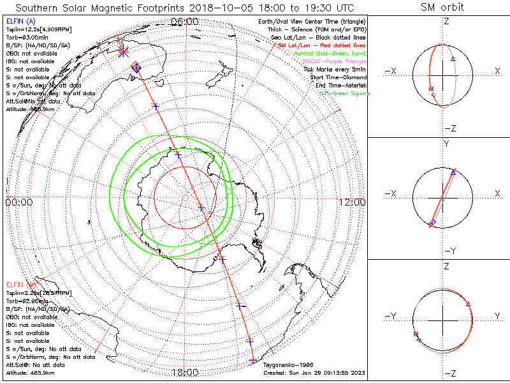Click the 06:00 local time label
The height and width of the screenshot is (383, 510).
click(x=185, y=22)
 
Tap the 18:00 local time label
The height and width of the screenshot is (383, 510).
click(x=185, y=372)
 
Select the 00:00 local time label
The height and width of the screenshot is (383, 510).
click(x=18, y=202)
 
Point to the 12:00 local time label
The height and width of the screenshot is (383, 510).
click(x=352, y=202)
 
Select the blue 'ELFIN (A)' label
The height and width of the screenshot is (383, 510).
click(x=20, y=22)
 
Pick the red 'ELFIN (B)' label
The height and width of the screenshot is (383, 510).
click(x=20, y=285)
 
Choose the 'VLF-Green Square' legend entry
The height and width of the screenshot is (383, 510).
click(x=344, y=93)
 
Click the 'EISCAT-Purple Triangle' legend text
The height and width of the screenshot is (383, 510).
click(x=336, y=61)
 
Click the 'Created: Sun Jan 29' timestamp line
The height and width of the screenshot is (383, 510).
click(x=314, y=372)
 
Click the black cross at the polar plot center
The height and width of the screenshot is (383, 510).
click(x=201, y=207)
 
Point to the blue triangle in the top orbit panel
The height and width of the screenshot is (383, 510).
click(x=453, y=58)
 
